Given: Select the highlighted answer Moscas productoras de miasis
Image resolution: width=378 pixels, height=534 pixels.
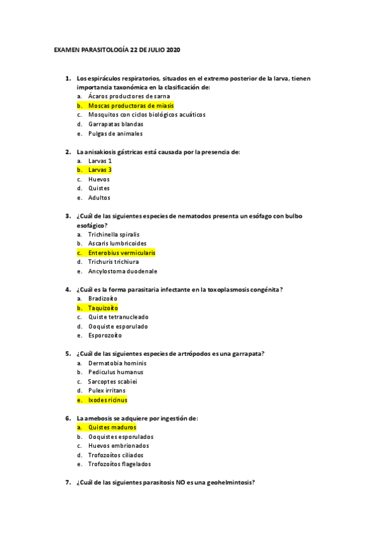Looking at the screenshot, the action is point(130,106).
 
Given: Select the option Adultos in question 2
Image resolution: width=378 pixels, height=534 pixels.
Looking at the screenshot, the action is point(99,198).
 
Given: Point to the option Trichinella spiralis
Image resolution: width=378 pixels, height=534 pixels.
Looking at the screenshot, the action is point(114,234).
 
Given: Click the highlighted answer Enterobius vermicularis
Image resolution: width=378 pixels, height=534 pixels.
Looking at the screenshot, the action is point(122,253).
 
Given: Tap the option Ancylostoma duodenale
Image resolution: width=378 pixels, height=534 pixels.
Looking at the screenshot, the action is point(122,271).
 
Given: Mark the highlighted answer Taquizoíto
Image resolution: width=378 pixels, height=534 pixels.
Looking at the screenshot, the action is point(104,308).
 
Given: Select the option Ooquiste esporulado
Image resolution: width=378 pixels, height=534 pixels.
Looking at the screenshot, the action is point(118,326).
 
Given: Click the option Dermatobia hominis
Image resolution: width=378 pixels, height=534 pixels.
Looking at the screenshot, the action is point(117,363).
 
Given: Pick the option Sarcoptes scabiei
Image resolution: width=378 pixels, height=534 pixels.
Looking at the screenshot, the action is point(113,382).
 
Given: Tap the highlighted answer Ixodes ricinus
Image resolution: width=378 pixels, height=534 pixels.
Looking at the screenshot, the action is point(108,400).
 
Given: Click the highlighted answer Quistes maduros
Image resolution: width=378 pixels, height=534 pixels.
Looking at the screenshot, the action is point(112,428).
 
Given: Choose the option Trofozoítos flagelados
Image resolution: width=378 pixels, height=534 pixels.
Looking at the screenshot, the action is point(119,465).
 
